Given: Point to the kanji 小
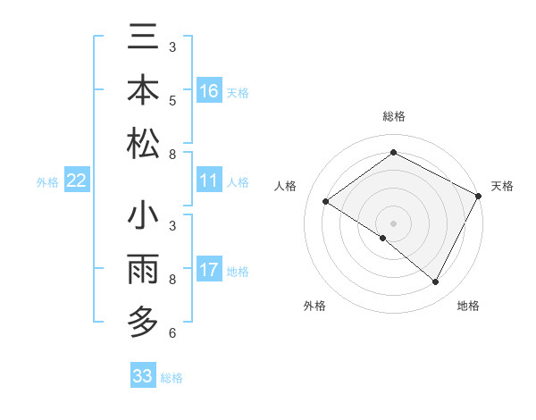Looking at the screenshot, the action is pos(144,218).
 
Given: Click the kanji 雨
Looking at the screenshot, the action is pos(144,270).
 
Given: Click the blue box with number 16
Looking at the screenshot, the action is pos(209,91).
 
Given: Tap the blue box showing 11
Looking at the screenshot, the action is pos(209,181).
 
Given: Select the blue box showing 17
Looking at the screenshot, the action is pos(209,269).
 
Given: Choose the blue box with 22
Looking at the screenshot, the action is pos(77,181).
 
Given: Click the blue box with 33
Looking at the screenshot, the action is pos(142,376).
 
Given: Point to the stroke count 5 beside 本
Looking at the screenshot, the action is pos(172,100).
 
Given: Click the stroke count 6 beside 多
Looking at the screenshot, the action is pos(172,333).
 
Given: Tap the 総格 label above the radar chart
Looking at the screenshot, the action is pos(393,117).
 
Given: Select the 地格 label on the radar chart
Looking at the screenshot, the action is pos(468,306).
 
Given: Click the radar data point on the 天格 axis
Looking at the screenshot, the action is pos(479,196).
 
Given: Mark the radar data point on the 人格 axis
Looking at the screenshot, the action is pos(326,201).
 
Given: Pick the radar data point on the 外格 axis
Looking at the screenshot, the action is pos(383,238).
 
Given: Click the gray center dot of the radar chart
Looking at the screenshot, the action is pos(393,223).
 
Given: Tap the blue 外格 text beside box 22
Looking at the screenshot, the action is pos(47,182).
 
